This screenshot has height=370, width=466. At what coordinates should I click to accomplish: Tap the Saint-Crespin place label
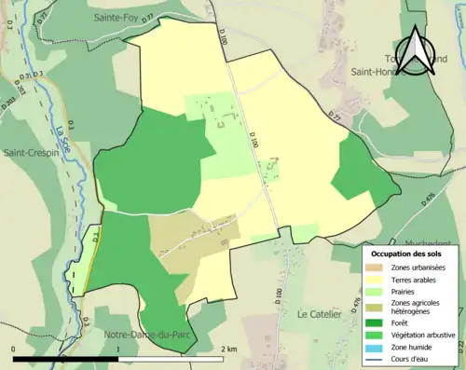pos(32,152)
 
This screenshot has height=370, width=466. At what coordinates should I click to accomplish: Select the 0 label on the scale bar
pos(13,349)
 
